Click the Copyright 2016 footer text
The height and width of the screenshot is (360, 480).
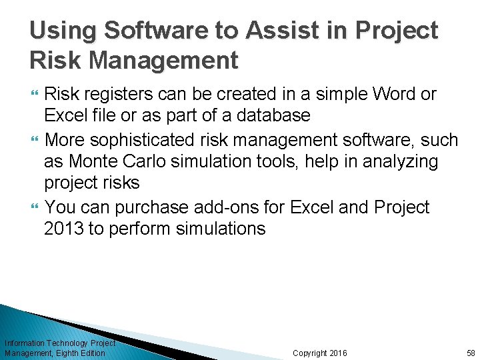point(319,353)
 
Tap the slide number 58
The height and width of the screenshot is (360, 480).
point(471,353)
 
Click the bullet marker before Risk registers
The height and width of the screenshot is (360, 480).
point(34,95)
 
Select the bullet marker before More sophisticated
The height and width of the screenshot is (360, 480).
point(34,140)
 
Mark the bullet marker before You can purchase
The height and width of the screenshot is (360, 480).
point(34,207)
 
